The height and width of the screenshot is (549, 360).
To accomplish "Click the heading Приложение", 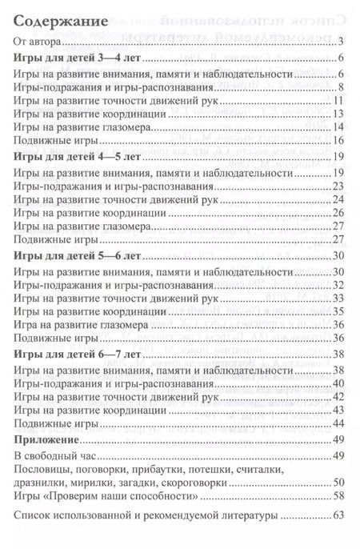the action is (x=50, y=440).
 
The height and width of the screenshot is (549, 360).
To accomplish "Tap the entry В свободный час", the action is (x=55, y=456).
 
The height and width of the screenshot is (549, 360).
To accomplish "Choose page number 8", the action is (x=341, y=86).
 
